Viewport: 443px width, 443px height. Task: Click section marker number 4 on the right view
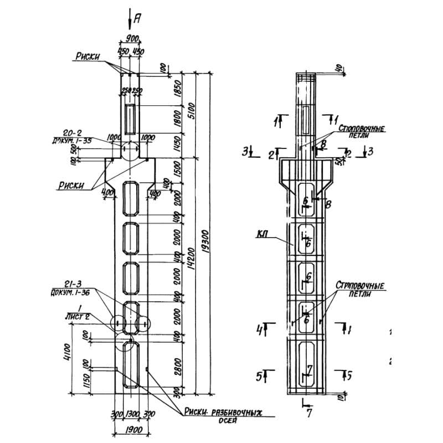point(259,331)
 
